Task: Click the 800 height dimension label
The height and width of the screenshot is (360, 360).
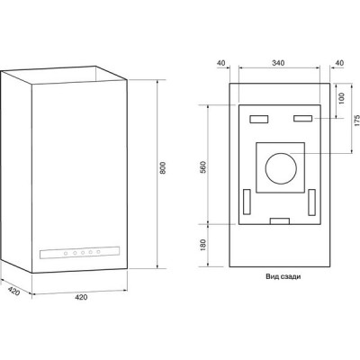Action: (163, 168)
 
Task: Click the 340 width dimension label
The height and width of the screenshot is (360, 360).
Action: (278, 63)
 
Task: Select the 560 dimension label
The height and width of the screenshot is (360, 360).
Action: (203, 167)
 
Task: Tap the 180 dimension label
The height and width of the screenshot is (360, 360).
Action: (203, 245)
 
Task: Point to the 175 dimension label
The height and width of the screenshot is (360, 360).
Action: (356, 121)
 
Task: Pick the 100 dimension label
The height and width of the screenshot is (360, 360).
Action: (342, 99)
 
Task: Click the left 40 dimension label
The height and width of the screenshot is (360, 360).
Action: (220, 63)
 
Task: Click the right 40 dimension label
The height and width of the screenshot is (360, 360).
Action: (339, 63)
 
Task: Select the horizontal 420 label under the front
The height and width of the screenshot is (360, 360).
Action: (81, 297)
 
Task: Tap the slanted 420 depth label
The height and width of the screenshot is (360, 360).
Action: (13, 291)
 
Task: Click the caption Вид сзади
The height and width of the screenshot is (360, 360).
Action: (283, 276)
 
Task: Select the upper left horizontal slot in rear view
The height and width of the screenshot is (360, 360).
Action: (259, 119)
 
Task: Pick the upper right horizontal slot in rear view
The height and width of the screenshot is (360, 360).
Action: (303, 119)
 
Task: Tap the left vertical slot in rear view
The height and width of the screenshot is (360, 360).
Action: (247, 202)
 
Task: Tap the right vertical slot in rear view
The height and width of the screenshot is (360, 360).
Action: (312, 202)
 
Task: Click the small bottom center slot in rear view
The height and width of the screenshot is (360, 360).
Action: (280, 221)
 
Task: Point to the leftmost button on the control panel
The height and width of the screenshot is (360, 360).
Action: (66, 254)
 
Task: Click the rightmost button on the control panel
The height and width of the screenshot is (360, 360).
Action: (98, 252)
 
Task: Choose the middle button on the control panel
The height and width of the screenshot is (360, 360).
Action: (83, 253)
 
